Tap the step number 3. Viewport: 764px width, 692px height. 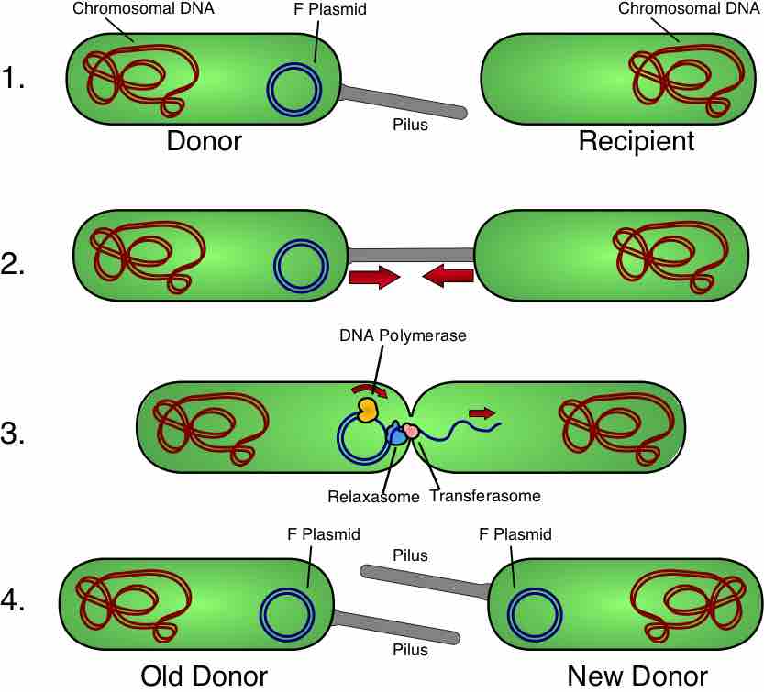pyautogui.click(x=14, y=434)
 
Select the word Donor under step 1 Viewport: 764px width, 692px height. pyautogui.click(x=205, y=142)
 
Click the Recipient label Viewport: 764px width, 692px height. pyautogui.click(x=636, y=142)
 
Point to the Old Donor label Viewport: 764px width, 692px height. pyautogui.click(x=204, y=676)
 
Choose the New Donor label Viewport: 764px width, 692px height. pyautogui.click(x=637, y=676)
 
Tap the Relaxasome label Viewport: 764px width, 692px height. pyautogui.click(x=373, y=496)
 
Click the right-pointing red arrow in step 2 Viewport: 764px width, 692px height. pyautogui.click(x=374, y=276)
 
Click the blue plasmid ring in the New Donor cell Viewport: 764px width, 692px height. pyautogui.click(x=536, y=615)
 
